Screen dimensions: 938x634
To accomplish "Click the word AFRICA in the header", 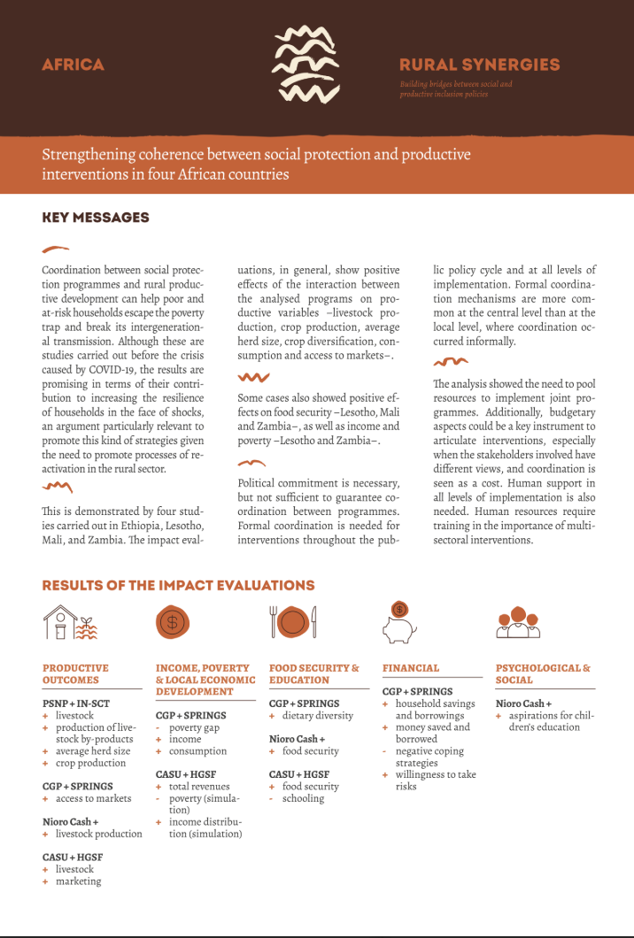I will (x=73, y=65).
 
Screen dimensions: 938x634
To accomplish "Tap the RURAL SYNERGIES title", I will (x=479, y=65).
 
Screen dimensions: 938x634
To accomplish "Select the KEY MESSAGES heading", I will (x=96, y=218).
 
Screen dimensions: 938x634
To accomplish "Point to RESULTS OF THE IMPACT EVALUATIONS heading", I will (x=178, y=585).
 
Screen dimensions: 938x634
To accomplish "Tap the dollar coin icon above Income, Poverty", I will (x=173, y=622).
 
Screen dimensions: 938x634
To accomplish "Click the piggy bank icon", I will (x=399, y=621).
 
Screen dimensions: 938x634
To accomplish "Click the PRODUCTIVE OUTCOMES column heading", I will (x=75, y=674).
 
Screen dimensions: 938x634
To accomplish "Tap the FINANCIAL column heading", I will (x=411, y=668).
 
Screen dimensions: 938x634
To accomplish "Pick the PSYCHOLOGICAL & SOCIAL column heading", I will (x=543, y=674).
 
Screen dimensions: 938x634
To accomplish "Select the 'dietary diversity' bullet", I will (x=317, y=716).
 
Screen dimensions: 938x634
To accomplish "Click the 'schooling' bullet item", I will (x=303, y=798).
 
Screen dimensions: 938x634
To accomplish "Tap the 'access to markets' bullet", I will (x=93, y=798).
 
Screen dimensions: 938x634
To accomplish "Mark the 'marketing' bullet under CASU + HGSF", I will (x=78, y=881).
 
